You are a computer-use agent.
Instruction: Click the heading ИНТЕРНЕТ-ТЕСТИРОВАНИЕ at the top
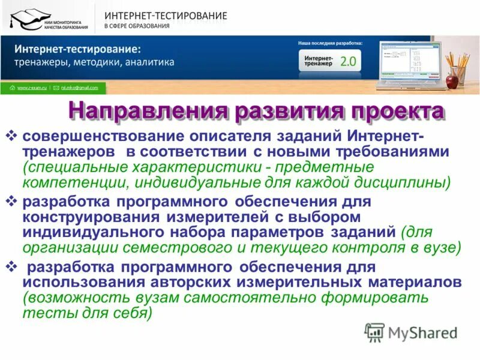[x=166, y=15]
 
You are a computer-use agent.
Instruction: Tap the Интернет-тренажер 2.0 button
[x=329, y=60]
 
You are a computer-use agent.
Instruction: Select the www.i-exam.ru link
[x=31, y=88]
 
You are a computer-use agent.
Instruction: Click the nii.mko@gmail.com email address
[x=79, y=88]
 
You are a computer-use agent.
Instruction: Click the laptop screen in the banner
[x=404, y=61]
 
